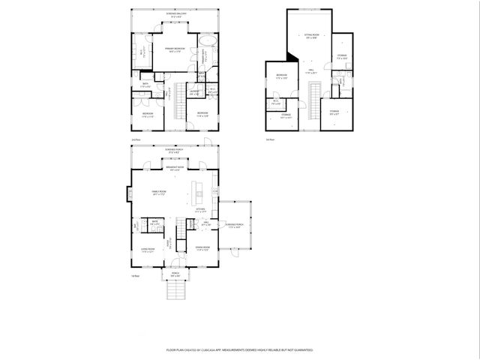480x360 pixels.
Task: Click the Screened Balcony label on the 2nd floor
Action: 172,14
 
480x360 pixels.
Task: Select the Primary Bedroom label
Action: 175,49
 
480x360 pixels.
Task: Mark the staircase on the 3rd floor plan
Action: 315,98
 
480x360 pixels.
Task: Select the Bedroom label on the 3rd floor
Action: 281,76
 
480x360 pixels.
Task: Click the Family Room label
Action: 159,193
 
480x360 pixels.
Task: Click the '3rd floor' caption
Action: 270,139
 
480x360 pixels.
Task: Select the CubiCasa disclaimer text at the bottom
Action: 239,349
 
